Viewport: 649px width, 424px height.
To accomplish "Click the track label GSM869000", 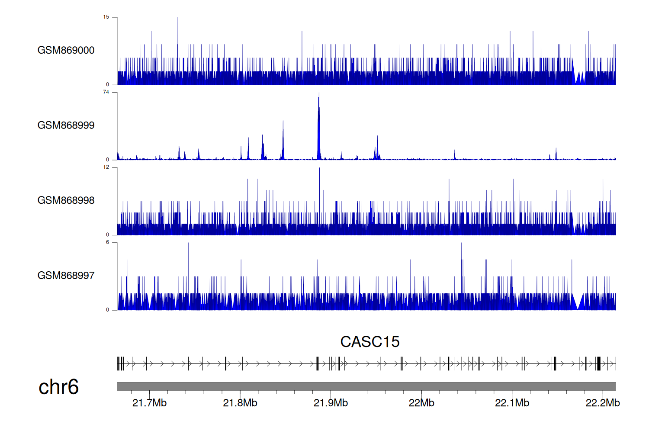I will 66,50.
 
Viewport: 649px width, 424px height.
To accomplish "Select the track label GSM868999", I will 66,125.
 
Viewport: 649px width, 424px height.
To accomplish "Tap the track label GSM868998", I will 66,200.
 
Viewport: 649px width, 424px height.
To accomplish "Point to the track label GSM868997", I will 66,276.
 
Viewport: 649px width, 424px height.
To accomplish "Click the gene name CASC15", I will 369,342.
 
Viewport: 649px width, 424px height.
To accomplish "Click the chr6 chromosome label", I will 58,387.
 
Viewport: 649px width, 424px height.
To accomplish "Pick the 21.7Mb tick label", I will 149,403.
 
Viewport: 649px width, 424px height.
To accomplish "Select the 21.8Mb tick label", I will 240,403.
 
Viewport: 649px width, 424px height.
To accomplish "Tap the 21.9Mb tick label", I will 331,403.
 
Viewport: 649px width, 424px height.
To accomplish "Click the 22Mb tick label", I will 421,403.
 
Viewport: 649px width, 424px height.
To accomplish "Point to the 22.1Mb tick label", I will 512,403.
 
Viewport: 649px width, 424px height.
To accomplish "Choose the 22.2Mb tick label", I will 603,403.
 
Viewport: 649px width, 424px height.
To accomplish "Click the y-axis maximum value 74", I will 106,92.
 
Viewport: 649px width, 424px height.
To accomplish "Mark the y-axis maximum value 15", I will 106,17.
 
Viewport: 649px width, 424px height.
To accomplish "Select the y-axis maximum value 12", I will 106,167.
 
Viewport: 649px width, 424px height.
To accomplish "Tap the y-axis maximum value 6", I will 108,242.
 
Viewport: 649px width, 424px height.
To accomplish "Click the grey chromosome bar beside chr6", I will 366,386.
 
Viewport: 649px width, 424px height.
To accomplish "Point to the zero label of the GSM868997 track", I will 108,310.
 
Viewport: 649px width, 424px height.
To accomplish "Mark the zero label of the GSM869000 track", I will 108,84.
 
